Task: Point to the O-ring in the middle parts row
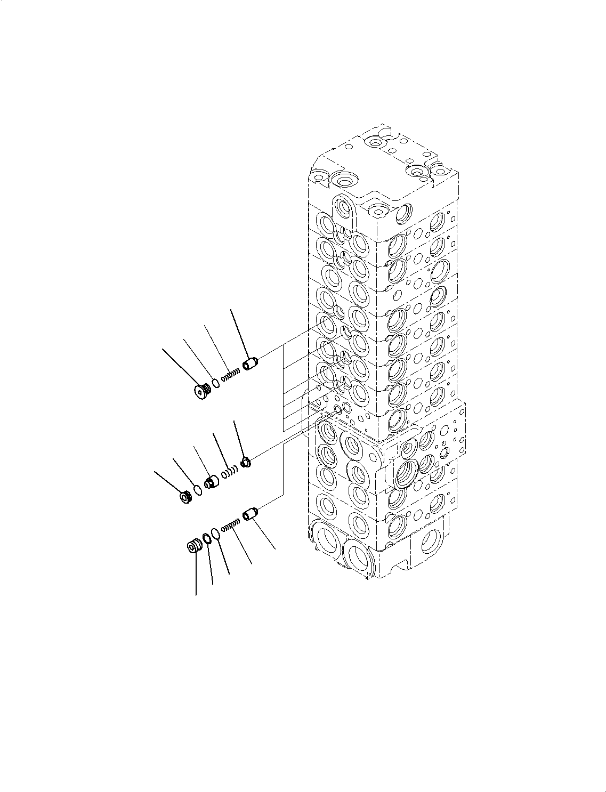pos(198,489)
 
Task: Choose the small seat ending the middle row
pos(246,462)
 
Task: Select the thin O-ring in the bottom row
pos(215,534)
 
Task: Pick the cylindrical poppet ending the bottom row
pos(251,515)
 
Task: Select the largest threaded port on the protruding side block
pos(408,472)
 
